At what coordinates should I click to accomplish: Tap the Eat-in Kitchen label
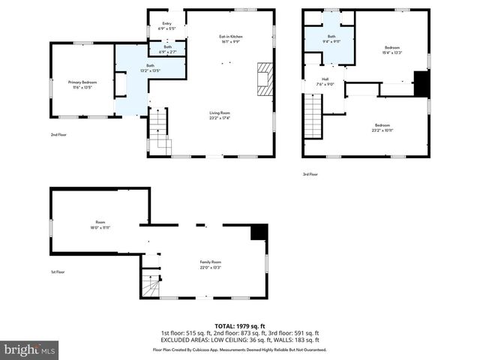pos(230,38)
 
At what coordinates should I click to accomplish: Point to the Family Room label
pos(210,265)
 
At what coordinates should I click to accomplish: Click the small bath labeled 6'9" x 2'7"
pos(166,49)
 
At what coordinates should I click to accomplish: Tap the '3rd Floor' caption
pos(310,174)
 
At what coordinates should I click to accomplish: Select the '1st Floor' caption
pos(57,272)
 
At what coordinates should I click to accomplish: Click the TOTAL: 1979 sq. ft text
pos(239,326)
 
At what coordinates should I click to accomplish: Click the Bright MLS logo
pos(30,349)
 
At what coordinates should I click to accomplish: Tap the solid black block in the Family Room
pos(259,232)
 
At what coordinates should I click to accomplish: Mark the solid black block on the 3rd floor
pos(421,84)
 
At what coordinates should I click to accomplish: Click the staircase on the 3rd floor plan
pos(313,116)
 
